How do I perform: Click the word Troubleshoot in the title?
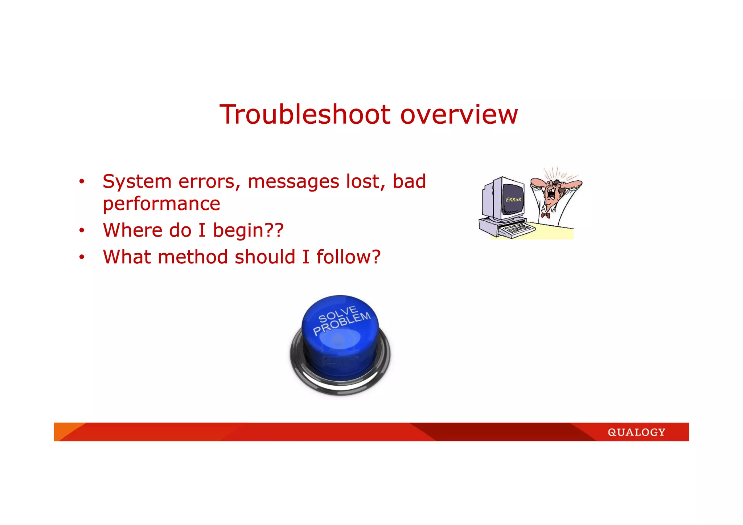point(305,115)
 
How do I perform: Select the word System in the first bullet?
point(137,182)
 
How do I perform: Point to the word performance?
point(161,204)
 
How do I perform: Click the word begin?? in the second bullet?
point(248,231)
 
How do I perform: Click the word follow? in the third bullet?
point(348,257)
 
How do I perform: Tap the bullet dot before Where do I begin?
point(82,230)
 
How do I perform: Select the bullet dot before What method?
point(82,257)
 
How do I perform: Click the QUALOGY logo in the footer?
point(636,432)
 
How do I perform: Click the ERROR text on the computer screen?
point(513,200)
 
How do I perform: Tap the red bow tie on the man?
point(545,215)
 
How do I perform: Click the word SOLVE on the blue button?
point(338,314)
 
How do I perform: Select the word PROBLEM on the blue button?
point(342,323)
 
